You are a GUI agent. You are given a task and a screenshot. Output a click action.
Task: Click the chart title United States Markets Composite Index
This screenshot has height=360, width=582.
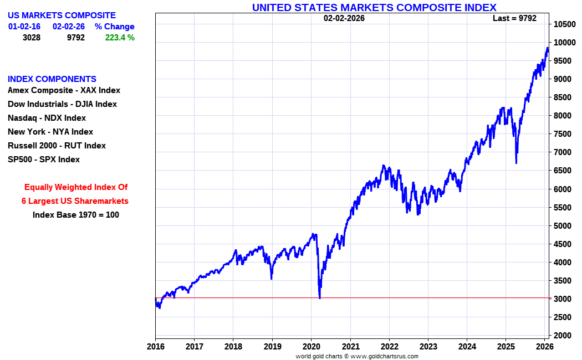point(374,7)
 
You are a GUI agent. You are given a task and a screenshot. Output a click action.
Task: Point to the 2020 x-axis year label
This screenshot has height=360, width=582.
point(311,346)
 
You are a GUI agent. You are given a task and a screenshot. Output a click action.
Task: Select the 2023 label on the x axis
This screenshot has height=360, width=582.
point(428,346)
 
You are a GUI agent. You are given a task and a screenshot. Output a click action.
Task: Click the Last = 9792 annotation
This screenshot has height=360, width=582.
point(514,18)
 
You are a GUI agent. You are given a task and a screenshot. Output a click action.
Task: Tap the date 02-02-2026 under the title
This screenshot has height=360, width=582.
point(344,18)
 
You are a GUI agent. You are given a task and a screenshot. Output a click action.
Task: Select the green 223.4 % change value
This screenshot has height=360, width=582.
point(120,38)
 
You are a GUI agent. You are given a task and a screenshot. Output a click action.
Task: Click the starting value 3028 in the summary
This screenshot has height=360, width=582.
point(32,38)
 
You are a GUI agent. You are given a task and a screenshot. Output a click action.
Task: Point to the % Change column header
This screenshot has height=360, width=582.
point(114,27)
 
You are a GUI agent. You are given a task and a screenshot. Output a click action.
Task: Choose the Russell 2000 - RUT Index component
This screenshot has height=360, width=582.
point(57,146)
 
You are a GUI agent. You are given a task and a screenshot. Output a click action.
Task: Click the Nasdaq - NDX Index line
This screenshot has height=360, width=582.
point(47,118)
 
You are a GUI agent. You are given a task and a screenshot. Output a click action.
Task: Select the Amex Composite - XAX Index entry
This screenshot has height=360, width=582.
point(64,90)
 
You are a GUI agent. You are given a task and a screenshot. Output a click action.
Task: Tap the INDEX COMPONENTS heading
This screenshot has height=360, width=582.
point(52,79)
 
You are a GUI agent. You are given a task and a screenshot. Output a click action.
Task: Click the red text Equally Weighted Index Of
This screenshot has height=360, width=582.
point(76,187)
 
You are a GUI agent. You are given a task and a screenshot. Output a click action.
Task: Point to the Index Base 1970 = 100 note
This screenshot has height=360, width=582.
point(76,215)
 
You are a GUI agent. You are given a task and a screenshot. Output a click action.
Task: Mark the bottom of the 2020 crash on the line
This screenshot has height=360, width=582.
point(320,297)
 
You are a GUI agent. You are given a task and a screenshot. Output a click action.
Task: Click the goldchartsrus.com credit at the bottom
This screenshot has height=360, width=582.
point(357,356)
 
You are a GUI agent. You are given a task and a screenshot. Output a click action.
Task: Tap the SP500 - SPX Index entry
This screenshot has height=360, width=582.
point(44,160)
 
